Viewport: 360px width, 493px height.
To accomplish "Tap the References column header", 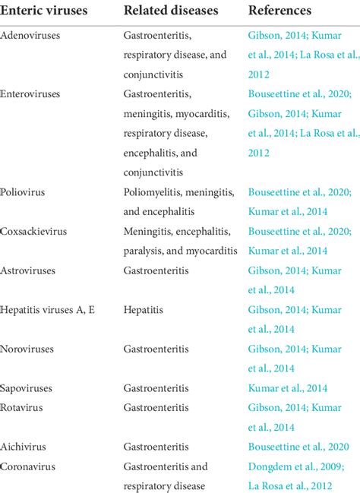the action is pyautogui.click(x=279, y=11).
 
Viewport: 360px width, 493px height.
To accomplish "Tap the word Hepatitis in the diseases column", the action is pyautogui.click(x=143, y=310).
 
